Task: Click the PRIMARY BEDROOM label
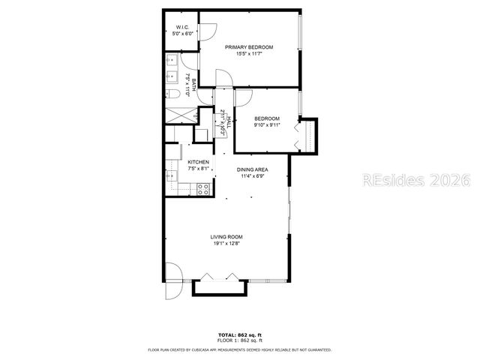(x=250, y=46)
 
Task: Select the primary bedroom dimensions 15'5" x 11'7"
(x=250, y=53)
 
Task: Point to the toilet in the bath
(x=172, y=94)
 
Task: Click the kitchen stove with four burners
(x=202, y=189)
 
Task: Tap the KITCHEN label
(x=198, y=163)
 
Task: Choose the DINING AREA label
(x=253, y=170)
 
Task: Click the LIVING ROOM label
(x=226, y=237)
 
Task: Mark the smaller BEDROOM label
(x=267, y=118)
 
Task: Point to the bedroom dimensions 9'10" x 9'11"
(x=267, y=125)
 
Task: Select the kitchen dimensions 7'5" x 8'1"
(x=198, y=169)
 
